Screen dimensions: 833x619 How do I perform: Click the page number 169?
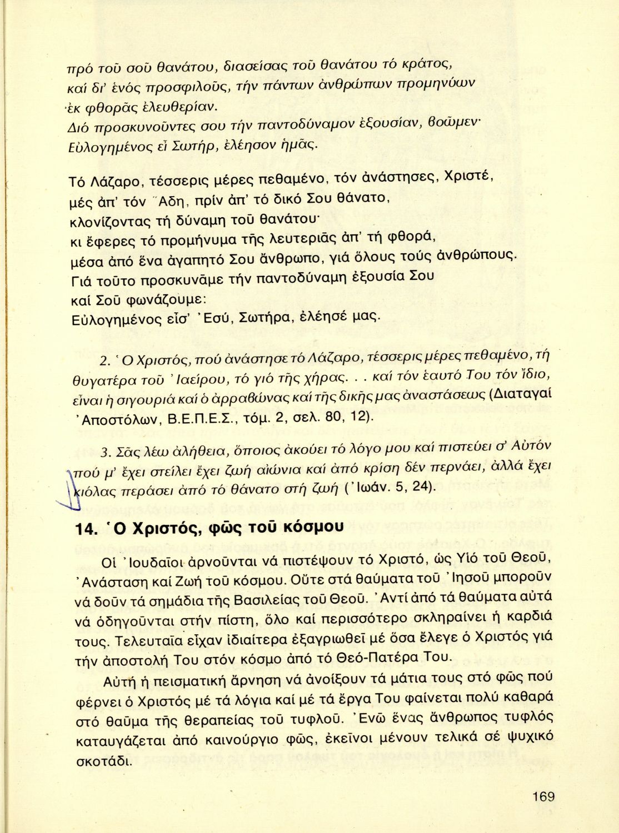(543, 797)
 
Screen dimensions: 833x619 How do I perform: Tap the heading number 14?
(86, 529)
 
